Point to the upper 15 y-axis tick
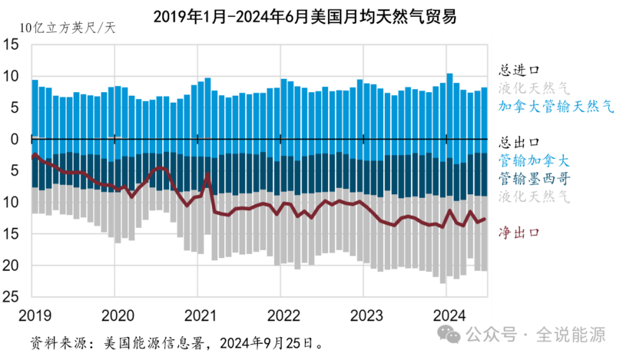coord(13,45)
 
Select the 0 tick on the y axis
coord(16,139)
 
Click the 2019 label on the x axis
coord(32,314)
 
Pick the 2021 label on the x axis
coord(198,314)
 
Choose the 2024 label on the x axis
coord(447,314)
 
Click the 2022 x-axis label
coord(281,314)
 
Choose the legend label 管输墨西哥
coord(534,178)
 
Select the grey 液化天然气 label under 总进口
coord(534,88)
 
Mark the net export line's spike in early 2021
coord(207,175)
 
